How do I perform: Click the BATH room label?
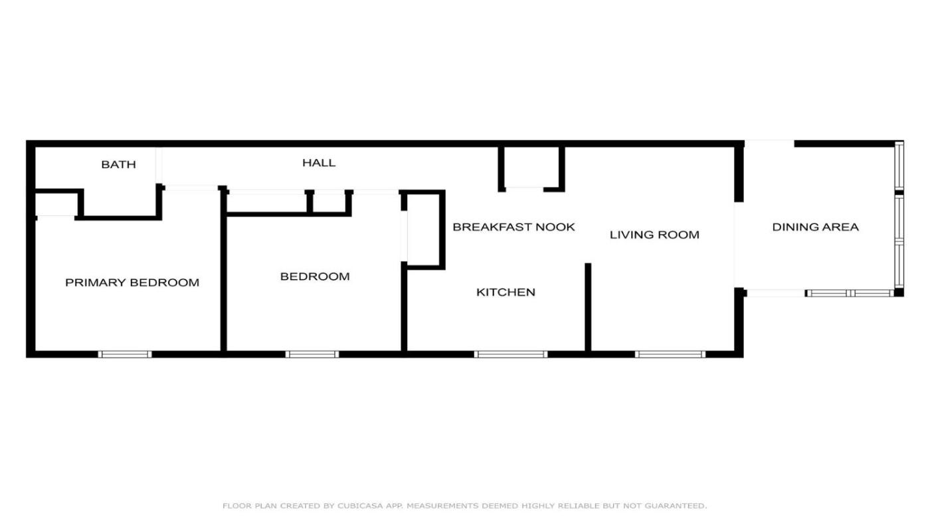(118, 164)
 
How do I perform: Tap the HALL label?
(319, 163)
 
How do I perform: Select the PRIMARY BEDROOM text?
(132, 283)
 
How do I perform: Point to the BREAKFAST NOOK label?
(513, 227)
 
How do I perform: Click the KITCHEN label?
(506, 293)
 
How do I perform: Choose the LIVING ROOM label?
(654, 235)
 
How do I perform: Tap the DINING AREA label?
(816, 227)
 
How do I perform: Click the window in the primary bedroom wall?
(125, 354)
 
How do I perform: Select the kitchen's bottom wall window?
(511, 354)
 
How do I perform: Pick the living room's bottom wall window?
(670, 354)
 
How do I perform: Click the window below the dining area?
(850, 293)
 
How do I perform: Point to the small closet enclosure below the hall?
(531, 169)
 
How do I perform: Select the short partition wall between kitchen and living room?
(588, 307)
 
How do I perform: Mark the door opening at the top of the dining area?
(769, 144)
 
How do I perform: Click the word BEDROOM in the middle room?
(315, 277)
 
